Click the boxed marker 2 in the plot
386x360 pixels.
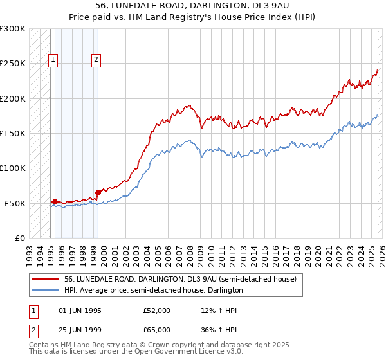[96, 60]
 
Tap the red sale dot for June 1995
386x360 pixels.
[55, 202]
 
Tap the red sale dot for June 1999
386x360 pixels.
[98, 192]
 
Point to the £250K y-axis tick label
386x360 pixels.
[12, 64]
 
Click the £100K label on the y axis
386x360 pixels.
[12, 168]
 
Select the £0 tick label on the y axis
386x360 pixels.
[19, 238]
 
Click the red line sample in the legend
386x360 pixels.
[46, 280]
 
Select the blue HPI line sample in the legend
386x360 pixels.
[46, 291]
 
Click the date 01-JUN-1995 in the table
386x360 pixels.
[80, 310]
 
